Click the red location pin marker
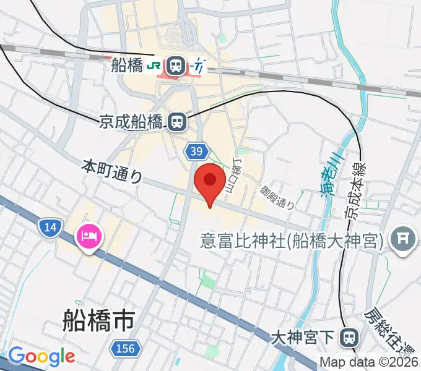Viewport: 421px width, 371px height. [x=210, y=181]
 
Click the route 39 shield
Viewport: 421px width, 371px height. [x=196, y=151]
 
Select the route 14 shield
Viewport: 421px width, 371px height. [x=50, y=228]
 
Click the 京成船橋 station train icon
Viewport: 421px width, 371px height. [x=178, y=122]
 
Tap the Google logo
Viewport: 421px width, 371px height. [x=41, y=356]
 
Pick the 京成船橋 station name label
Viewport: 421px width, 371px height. [x=131, y=122]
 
